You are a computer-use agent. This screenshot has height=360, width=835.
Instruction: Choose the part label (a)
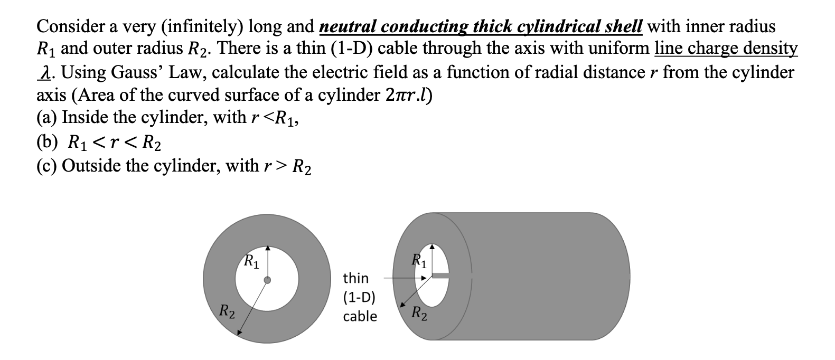tap(46, 117)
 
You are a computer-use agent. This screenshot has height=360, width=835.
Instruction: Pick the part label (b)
tap(47, 142)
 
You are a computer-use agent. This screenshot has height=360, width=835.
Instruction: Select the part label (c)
tap(46, 166)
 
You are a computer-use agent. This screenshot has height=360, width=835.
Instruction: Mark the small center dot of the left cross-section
tap(268, 280)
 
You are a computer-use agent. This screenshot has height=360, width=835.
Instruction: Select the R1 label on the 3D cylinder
tap(421, 260)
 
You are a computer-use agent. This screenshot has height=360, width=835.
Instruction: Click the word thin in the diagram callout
tap(356, 278)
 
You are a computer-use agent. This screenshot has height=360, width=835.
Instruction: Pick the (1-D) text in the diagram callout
tap(359, 297)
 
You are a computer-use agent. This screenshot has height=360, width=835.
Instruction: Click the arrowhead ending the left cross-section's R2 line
tap(239, 333)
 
